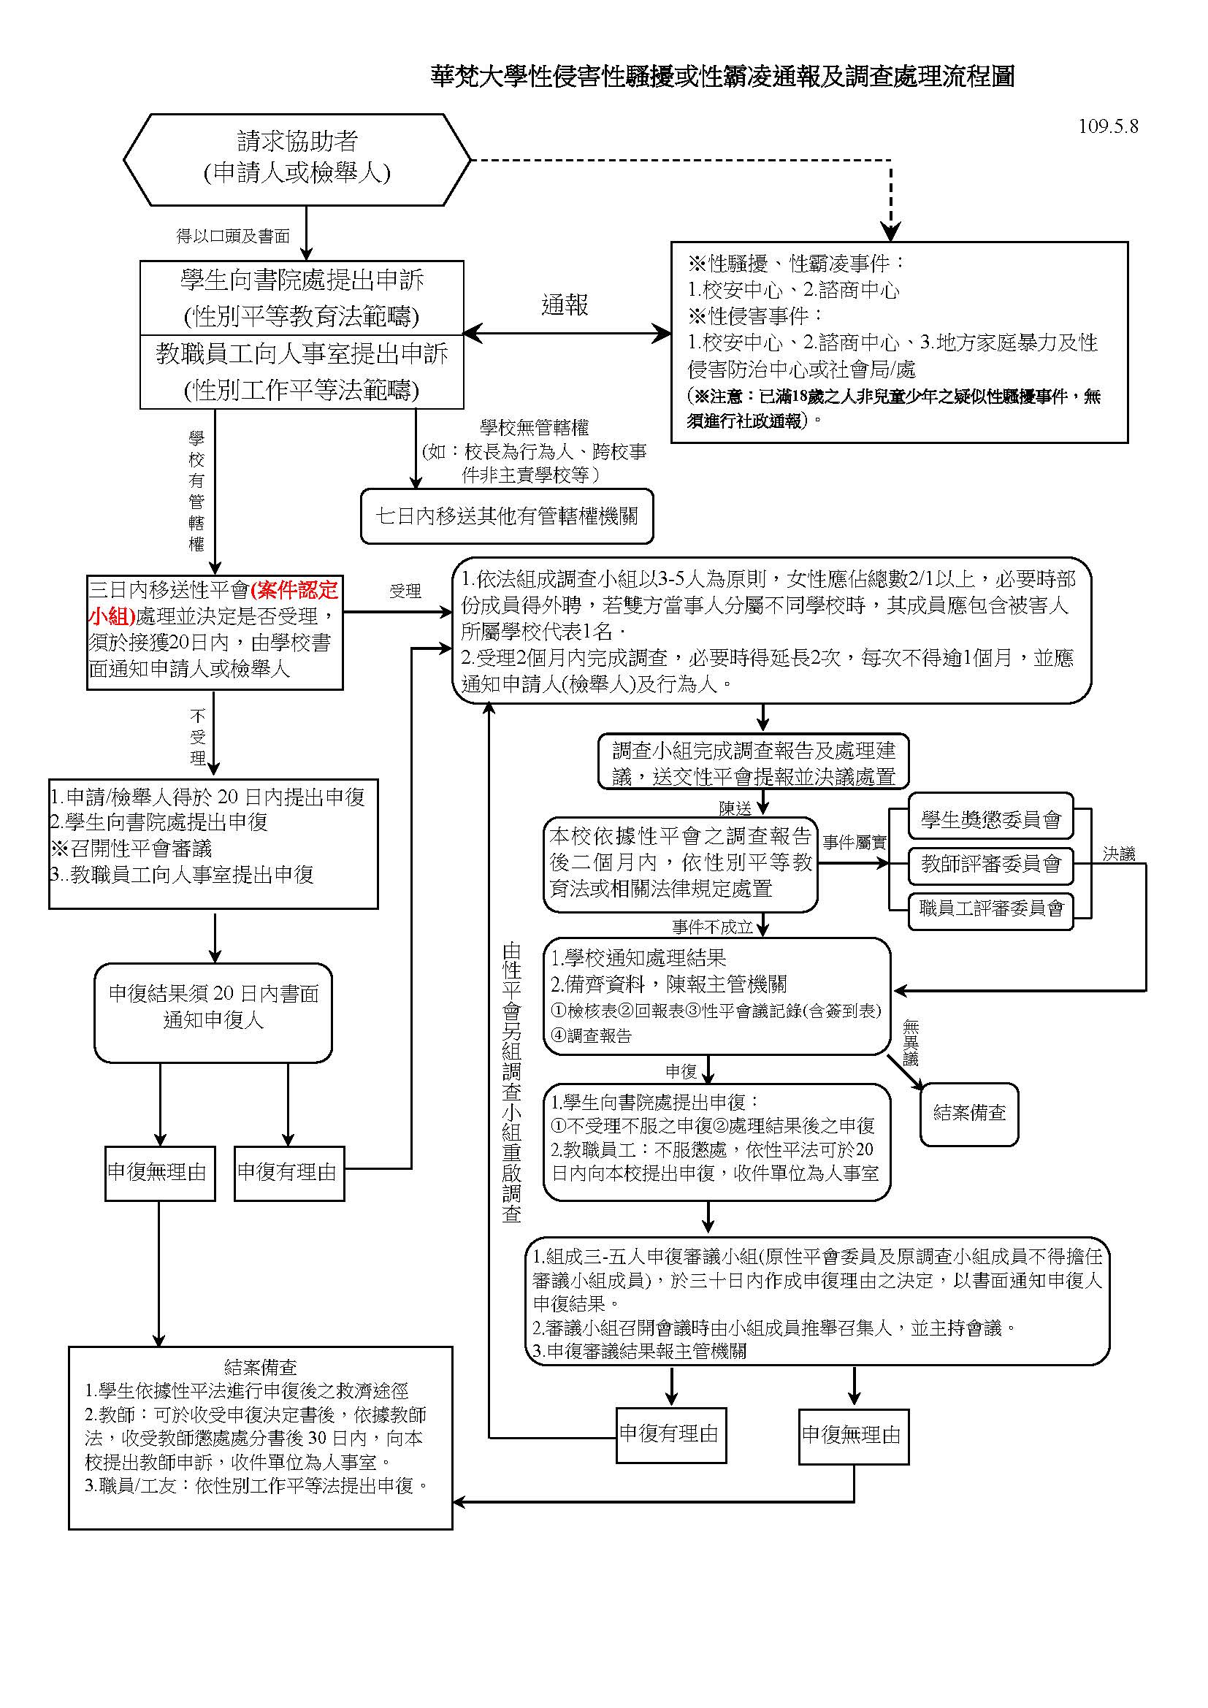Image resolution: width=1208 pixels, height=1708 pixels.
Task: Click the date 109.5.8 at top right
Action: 1108,126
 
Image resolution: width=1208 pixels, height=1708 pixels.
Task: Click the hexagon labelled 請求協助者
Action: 297,158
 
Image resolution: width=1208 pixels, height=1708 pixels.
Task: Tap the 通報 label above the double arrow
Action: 565,305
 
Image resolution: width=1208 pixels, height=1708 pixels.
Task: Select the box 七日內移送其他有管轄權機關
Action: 507,516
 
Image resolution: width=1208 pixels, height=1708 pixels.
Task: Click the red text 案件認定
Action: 294,590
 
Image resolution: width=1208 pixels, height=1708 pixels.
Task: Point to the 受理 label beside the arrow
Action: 405,591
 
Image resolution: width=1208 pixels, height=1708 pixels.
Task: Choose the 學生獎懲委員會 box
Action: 991,820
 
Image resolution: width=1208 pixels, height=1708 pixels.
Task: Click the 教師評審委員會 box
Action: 991,864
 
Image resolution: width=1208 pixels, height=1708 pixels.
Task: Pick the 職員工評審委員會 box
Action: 991,908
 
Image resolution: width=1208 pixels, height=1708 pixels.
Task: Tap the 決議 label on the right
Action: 1118,854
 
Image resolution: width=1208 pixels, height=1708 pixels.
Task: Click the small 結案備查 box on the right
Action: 969,1113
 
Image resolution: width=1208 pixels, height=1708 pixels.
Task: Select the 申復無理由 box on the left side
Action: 159,1173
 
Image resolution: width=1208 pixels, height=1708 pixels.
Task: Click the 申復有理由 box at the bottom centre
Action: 670,1433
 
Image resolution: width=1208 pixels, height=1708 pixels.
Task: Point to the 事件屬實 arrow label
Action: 854,842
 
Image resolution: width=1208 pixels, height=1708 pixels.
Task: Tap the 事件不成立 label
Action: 712,927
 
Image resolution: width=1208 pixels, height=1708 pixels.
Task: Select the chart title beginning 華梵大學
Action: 722,76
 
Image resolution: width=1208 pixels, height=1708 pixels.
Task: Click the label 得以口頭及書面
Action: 232,237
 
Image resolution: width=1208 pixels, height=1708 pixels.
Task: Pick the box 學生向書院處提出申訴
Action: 301,296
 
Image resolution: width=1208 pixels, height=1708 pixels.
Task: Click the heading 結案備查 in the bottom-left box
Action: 260,1366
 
